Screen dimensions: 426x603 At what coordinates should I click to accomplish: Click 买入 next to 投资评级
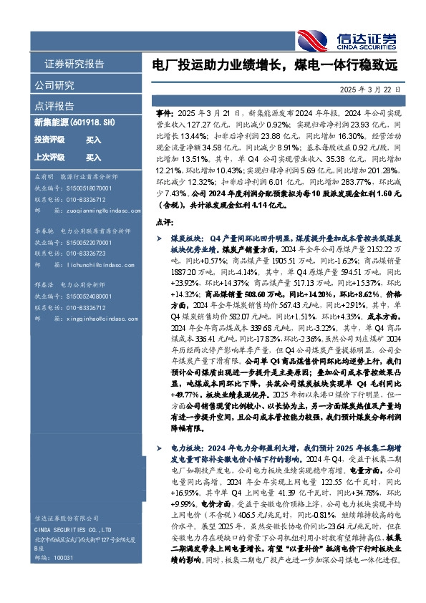point(93,140)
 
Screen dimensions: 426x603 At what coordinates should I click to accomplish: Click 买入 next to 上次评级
point(93,157)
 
